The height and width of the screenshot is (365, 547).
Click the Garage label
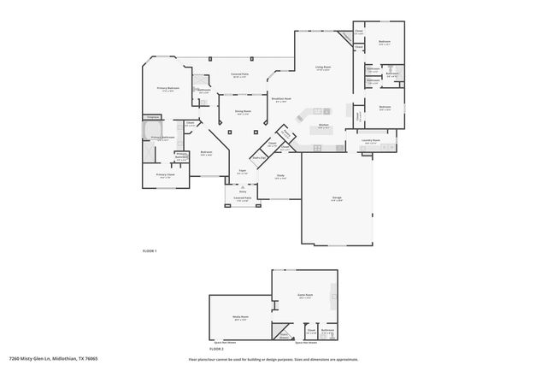pyautogui.click(x=337, y=197)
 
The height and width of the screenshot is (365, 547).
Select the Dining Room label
pyautogui.click(x=243, y=110)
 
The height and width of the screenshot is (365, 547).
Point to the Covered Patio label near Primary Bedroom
pyautogui.click(x=239, y=74)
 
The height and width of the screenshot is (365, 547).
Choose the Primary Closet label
pyautogui.click(x=164, y=174)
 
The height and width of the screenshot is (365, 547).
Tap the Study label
pyautogui.click(x=280, y=175)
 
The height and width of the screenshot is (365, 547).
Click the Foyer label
pyautogui.click(x=243, y=172)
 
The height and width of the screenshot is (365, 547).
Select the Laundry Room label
pyautogui.click(x=371, y=141)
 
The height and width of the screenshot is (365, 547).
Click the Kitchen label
pyautogui.click(x=324, y=125)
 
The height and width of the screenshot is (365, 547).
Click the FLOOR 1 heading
pyautogui.click(x=150, y=250)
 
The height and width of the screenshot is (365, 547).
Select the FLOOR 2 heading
pyautogui.click(x=217, y=349)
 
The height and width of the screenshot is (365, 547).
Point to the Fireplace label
pyautogui.click(x=153, y=116)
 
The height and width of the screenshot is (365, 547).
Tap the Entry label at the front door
pyautogui.click(x=242, y=191)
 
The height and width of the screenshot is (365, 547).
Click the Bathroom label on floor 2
pyautogui.click(x=327, y=330)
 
